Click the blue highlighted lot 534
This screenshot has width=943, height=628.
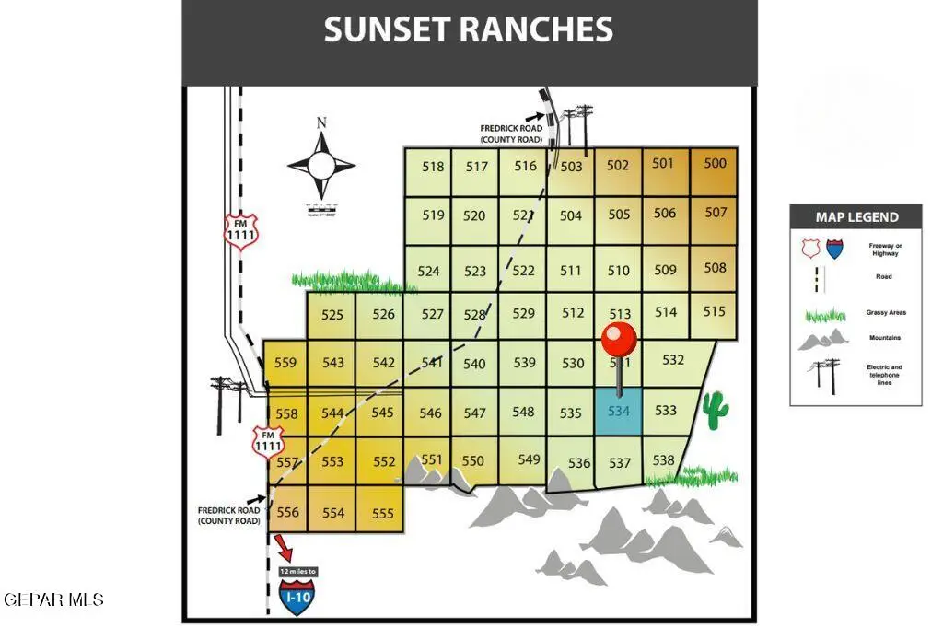(618, 411)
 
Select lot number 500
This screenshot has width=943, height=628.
(715, 164)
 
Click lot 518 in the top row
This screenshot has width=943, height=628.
(433, 167)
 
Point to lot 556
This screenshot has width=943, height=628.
(288, 512)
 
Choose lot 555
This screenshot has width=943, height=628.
(382, 514)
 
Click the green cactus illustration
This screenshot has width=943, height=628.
(715, 411)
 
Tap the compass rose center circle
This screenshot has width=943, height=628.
(321, 166)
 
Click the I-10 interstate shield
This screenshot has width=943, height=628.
(297, 598)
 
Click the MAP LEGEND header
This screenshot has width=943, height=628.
(856, 217)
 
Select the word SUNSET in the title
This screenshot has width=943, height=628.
(386, 30)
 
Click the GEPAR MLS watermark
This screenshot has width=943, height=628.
(53, 600)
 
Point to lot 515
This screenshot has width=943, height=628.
(715, 312)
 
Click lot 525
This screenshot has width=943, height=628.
(332, 315)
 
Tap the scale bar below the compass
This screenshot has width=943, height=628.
(321, 208)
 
